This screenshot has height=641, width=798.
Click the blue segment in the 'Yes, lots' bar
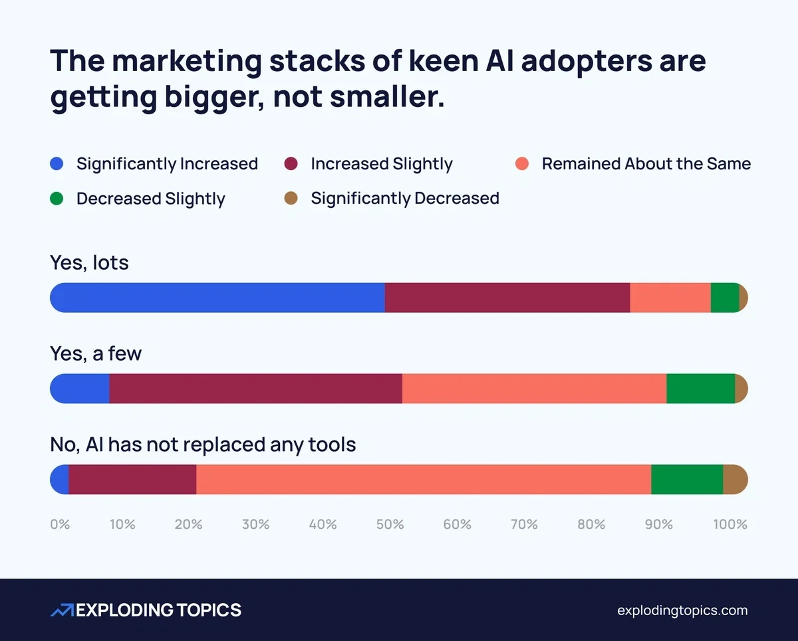217,298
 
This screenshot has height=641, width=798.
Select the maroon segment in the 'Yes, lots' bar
507,298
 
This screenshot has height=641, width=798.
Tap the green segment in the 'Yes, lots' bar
724,298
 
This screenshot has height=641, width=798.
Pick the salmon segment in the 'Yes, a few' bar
534,389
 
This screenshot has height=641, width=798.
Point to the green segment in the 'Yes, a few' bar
700,389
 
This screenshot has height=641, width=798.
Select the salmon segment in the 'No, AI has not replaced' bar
424,480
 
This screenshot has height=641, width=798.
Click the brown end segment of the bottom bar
735,480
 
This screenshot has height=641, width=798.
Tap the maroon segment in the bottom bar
132,480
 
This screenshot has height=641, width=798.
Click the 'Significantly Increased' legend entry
166,164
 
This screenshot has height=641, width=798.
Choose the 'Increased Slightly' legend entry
381,164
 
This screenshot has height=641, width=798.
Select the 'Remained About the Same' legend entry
646,164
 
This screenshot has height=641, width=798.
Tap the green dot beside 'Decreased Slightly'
57,199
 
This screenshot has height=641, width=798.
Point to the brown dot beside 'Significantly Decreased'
291,199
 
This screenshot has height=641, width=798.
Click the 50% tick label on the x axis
390,525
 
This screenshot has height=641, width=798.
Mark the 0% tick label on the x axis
60,525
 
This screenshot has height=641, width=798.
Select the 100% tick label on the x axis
730,525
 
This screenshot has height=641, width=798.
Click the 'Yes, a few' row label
96,353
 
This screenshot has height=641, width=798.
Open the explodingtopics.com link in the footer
682,610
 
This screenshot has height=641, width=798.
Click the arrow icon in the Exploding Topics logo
62,610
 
